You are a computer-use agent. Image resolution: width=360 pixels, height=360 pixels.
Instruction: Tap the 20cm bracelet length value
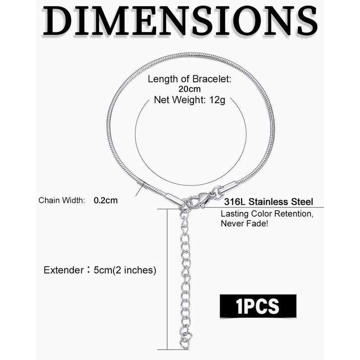tap(190, 89)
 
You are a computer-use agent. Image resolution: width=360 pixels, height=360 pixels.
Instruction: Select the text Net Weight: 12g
tap(190, 99)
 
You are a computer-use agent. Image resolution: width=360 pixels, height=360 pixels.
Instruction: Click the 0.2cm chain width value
tap(106, 200)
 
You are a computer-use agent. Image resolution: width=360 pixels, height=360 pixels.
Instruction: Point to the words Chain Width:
tap(62, 200)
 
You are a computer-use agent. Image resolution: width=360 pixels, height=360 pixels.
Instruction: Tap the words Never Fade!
tap(245, 223)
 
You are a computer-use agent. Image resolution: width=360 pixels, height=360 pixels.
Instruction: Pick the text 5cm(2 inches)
tap(124, 270)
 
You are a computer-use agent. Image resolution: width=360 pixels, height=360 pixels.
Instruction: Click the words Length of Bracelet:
tap(190, 79)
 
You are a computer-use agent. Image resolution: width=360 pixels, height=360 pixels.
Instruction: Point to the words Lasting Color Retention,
tap(266, 213)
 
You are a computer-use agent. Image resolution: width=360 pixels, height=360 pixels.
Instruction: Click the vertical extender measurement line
tap(167, 279)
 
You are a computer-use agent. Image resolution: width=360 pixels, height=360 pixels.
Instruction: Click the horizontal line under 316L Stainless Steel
tap(270, 208)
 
